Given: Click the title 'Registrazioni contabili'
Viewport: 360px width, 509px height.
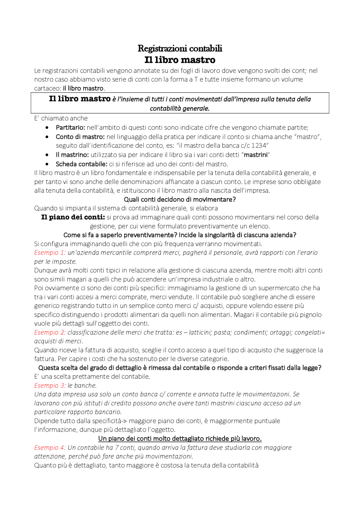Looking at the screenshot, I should [x=180, y=48].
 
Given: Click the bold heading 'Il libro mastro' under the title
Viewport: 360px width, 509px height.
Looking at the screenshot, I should [x=180, y=60].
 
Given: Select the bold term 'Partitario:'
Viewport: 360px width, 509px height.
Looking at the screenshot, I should [x=70, y=128].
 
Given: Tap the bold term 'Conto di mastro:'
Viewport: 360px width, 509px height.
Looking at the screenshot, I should [x=80, y=137].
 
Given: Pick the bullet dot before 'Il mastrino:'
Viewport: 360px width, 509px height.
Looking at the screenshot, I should [x=47, y=155].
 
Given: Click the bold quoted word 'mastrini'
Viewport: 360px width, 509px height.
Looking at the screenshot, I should [x=255, y=155].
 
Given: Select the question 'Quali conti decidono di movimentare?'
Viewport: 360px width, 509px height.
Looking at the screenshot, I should [x=180, y=200].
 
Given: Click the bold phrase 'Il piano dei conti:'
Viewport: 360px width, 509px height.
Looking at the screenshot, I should [x=73, y=217].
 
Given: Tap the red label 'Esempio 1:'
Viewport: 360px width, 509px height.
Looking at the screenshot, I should [x=50, y=253].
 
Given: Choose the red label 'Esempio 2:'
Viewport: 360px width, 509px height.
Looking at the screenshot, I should [x=50, y=332].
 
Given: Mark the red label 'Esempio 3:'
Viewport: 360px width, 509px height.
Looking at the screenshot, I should [x=50, y=386].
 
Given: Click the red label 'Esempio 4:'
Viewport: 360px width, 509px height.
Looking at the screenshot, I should [x=50, y=448].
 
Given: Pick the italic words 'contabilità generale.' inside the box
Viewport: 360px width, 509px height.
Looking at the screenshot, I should [x=180, y=108].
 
